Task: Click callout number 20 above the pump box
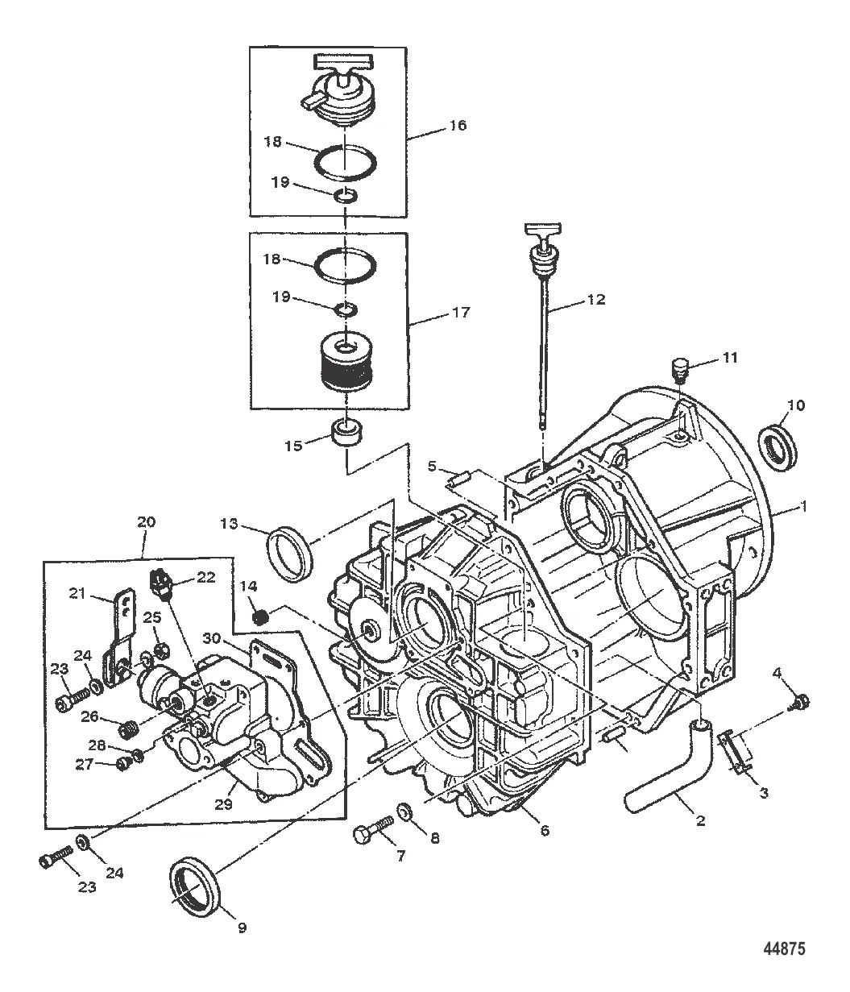coord(146,521)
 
